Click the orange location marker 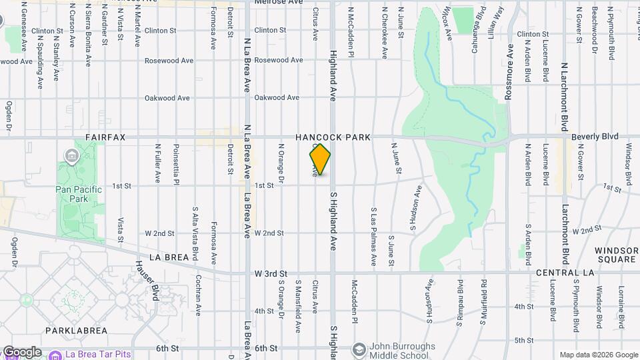point(320,159)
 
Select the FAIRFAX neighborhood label point(105,137)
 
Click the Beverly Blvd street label point(595,136)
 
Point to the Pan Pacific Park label point(79,194)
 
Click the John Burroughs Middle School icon point(359,349)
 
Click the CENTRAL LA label point(561,273)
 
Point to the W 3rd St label point(271,274)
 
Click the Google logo point(21,352)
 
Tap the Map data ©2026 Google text point(598,355)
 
